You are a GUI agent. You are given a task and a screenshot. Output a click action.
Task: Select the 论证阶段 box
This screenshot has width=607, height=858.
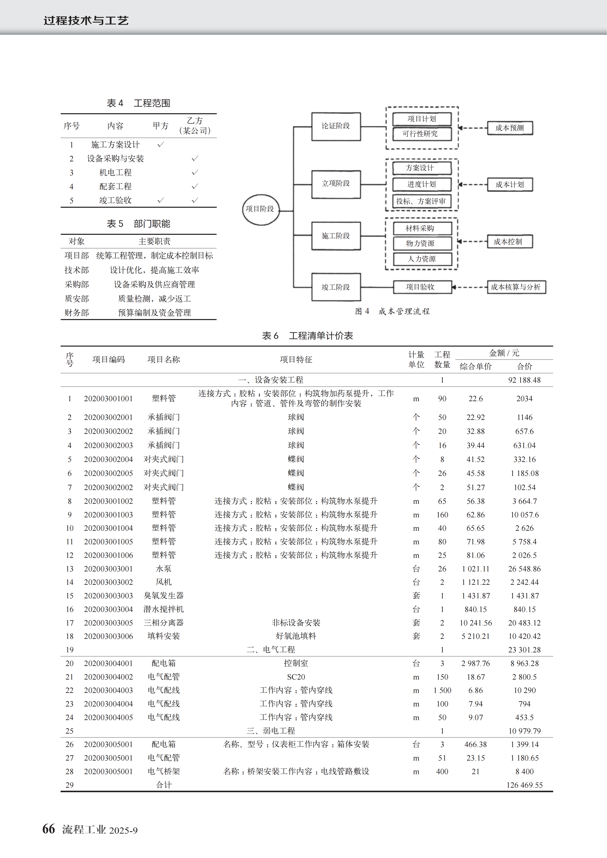(x=336, y=126)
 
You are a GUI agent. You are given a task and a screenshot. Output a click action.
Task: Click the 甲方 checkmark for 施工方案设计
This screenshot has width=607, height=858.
(x=161, y=145)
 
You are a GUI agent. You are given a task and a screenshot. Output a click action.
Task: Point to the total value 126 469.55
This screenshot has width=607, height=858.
(x=524, y=785)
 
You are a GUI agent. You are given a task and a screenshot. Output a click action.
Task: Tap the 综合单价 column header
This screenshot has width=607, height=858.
(x=475, y=366)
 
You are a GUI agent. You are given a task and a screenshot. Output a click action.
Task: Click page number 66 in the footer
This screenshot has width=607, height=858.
(x=49, y=829)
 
